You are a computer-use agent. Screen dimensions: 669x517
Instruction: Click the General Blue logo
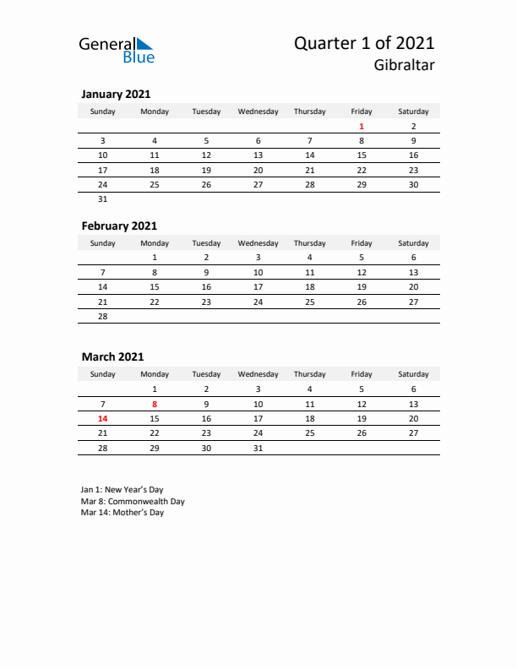coord(117,49)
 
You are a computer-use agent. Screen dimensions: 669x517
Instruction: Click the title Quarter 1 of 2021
coord(364,43)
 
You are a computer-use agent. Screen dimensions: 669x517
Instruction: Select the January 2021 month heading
coord(116,95)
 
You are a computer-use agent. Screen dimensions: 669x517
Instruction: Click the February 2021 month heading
coord(119,226)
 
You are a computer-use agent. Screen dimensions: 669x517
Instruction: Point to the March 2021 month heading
coord(112,357)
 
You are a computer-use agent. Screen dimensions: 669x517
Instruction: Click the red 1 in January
coord(362,126)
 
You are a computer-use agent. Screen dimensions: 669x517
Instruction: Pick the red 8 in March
coord(155,404)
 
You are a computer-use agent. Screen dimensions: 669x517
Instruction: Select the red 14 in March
coord(103,418)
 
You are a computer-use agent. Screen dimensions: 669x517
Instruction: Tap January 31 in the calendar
coord(103,199)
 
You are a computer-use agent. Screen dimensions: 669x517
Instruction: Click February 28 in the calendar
coord(103,316)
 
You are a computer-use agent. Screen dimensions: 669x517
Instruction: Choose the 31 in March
coord(258,448)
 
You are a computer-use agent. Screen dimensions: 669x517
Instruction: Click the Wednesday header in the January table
coord(258,111)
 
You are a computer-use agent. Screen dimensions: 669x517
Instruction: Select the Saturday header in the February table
coord(413,243)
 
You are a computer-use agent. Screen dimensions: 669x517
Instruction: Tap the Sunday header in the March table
coord(103,374)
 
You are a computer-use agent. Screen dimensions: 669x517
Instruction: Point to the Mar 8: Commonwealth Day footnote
coord(133,501)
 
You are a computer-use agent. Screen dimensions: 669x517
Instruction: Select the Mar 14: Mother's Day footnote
coord(122,513)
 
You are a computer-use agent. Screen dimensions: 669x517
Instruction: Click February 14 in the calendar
coord(103,286)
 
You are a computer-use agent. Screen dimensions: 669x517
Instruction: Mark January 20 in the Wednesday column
coord(258,170)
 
